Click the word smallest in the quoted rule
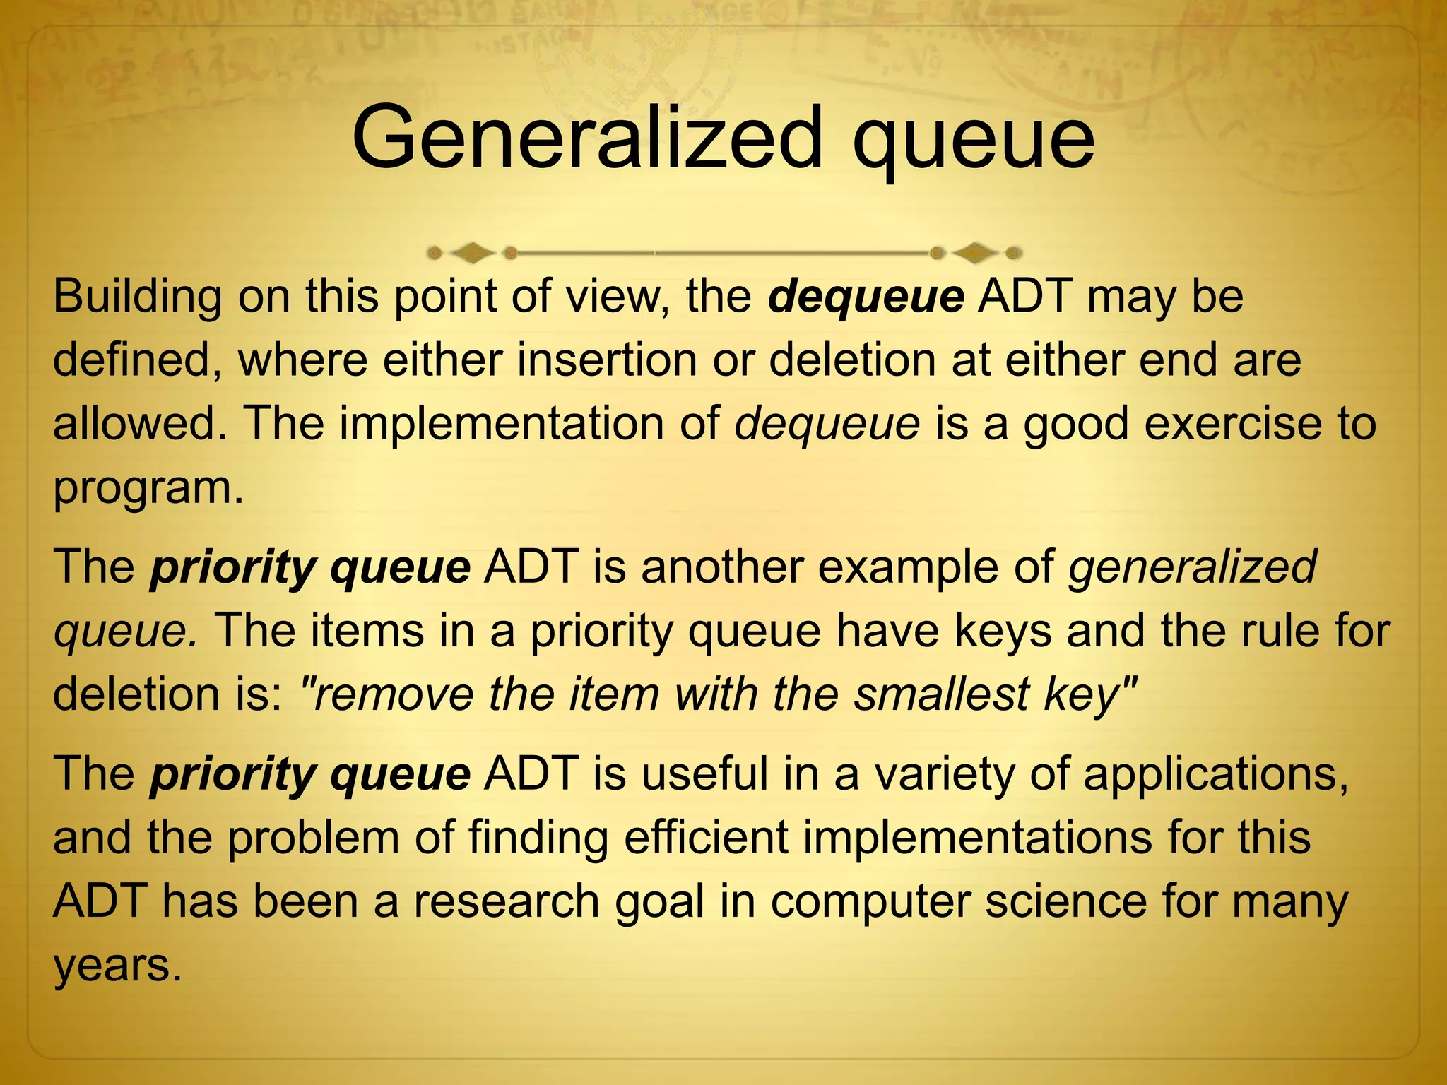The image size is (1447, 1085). [941, 694]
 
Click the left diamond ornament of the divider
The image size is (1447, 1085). [472, 252]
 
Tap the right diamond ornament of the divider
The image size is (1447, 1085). [975, 252]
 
